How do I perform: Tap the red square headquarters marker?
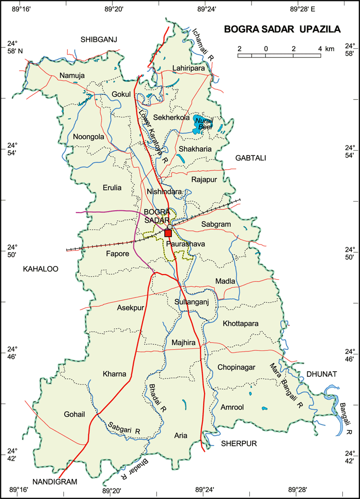168,233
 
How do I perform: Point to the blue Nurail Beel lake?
199,123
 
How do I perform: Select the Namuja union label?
72,75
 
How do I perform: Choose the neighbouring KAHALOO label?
41,269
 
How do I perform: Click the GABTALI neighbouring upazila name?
250,158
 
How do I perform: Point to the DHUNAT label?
321,374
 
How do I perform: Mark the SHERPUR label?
239,443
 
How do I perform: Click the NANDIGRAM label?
55,482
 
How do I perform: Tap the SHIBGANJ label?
99,40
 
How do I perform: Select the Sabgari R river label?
123,427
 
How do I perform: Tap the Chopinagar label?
237,367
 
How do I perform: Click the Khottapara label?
241,324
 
